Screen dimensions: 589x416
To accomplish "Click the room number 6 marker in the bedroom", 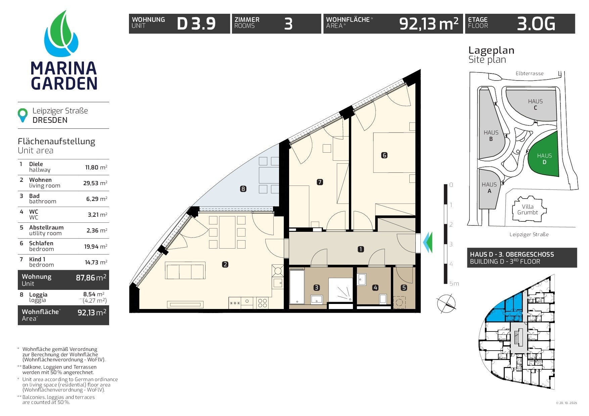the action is [x=384, y=155].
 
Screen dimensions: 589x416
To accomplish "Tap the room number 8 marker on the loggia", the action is [x=243, y=189].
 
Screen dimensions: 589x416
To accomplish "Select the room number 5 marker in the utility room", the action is [x=404, y=288].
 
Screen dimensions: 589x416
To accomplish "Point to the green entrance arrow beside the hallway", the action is [x=427, y=242].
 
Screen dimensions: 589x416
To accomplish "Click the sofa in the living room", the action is [x=185, y=270].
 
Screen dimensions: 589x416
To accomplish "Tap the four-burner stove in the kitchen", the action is [x=263, y=303].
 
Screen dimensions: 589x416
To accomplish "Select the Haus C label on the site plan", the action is [x=535, y=104].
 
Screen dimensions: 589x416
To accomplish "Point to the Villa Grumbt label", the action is [x=528, y=210].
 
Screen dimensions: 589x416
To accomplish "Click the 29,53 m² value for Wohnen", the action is [x=95, y=183].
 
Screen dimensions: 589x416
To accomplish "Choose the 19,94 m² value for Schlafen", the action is [x=96, y=247].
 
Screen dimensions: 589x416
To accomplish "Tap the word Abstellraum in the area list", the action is [x=46, y=227].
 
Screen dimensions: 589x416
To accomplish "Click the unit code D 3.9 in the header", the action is [x=196, y=24].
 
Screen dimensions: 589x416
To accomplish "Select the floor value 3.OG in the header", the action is [x=536, y=24].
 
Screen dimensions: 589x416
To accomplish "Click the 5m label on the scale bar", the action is [x=454, y=284].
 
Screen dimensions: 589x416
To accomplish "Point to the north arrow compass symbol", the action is [x=446, y=303].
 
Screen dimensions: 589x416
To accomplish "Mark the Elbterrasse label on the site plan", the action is [x=530, y=73].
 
